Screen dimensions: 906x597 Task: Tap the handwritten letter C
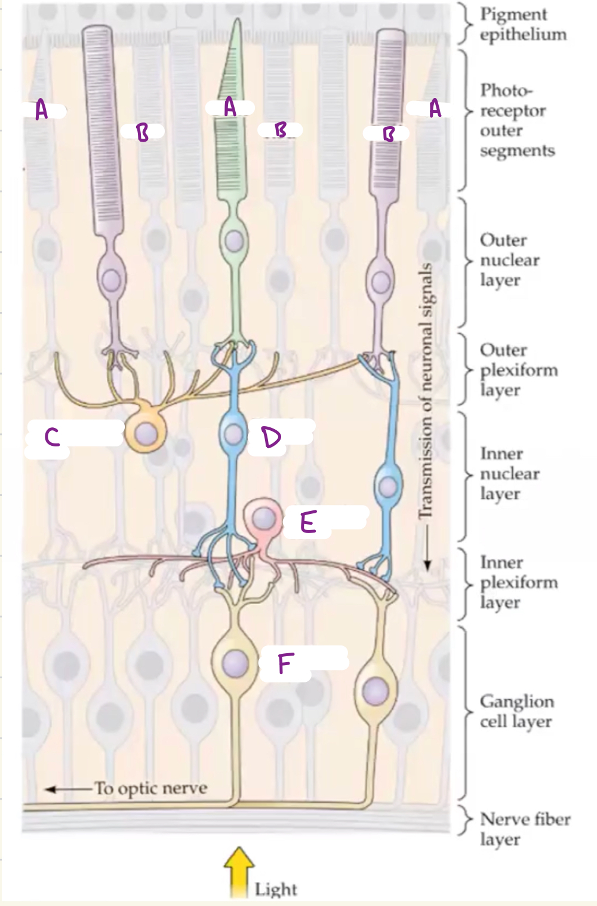coord(52,437)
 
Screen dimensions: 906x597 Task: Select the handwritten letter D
coord(271,437)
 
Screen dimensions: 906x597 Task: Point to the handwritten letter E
coord(307,522)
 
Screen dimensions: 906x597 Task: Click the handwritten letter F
coord(286,663)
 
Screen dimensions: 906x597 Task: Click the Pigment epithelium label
coord(522,24)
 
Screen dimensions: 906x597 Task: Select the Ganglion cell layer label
coord(516,711)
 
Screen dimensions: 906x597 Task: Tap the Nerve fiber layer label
coord(525,828)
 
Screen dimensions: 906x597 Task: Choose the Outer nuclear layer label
coord(509,259)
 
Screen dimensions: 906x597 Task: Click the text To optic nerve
coord(151,788)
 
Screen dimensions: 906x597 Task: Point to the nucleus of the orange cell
coord(146,434)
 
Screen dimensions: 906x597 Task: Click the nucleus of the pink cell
coord(263,518)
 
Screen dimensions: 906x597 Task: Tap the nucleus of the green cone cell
coord(234,241)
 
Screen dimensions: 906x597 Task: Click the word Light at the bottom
coord(275,889)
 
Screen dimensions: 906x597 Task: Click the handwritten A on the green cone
coord(230,107)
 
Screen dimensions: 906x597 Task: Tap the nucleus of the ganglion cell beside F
coord(235,663)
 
